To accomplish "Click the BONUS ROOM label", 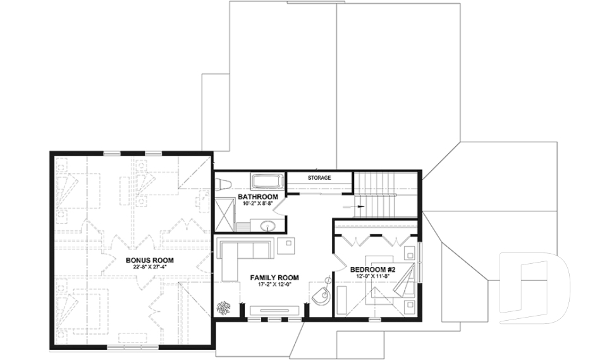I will click(149, 260).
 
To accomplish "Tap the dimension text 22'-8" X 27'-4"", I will click(149, 267).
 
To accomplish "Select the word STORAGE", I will click(319, 178).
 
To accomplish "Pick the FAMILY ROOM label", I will click(274, 277).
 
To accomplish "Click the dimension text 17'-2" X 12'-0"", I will click(274, 285).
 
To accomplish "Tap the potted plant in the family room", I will click(225, 309).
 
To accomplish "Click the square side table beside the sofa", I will click(286, 245).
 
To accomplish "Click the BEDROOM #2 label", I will click(372, 270).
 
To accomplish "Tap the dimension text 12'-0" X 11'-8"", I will click(372, 277).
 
